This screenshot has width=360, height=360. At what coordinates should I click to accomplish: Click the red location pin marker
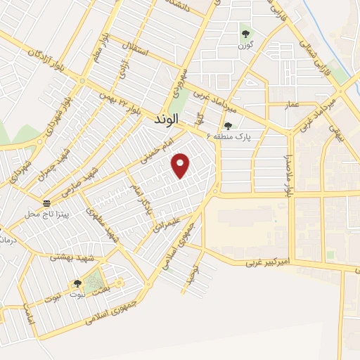point(181,165)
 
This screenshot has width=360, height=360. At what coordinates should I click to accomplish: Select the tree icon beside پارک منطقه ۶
point(228,126)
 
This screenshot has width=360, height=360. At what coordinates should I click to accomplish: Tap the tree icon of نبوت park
point(77,283)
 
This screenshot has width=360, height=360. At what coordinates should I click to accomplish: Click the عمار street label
point(291,105)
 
